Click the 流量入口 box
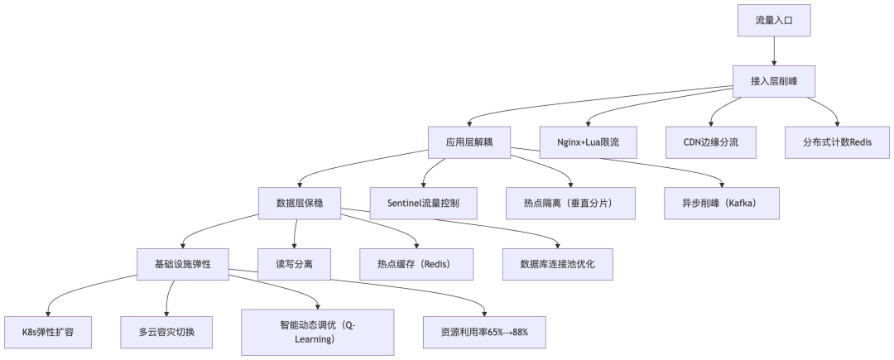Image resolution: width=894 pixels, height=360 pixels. pyautogui.click(x=774, y=20)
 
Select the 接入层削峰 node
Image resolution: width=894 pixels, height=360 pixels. pyautogui.click(x=774, y=81)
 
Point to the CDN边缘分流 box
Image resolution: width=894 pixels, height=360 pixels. pyautogui.click(x=712, y=142)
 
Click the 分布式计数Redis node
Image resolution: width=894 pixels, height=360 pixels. pyautogui.click(x=837, y=142)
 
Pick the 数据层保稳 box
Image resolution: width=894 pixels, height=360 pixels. pyautogui.click(x=299, y=203)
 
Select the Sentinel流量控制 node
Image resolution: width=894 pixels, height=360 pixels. pyautogui.click(x=423, y=203)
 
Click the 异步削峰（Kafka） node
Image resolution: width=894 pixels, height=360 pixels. pyautogui.click(x=721, y=203)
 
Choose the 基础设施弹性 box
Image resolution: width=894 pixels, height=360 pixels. pyautogui.click(x=183, y=264)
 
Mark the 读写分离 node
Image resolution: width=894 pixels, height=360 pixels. pyautogui.click(x=294, y=264)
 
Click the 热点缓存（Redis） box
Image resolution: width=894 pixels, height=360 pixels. pyautogui.click(x=416, y=264)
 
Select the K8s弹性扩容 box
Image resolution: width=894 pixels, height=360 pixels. pyautogui.click(x=46, y=332)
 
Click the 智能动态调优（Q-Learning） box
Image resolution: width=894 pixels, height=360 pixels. pyautogui.click(x=318, y=332)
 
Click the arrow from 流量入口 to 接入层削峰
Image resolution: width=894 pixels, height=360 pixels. pyautogui.click(x=774, y=50)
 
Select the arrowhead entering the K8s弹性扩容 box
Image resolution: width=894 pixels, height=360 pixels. pyautogui.click(x=47, y=312)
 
